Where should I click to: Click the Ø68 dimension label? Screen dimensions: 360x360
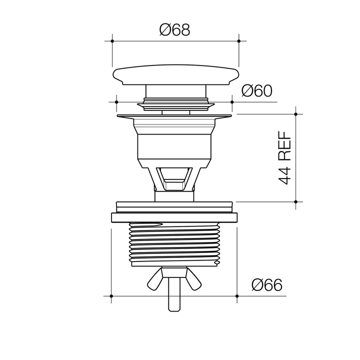pos(174,30)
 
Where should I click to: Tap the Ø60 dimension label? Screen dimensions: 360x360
pos(257,91)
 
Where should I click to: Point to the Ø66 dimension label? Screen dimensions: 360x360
pos(267,285)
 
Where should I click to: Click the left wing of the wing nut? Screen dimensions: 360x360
pos(155,279)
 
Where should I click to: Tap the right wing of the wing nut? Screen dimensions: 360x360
pos(193,279)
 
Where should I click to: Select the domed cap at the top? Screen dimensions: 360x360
pos(176,74)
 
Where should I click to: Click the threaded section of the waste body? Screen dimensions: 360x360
pos(174,244)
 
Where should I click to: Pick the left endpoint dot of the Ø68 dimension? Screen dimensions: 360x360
pos(112,41)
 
